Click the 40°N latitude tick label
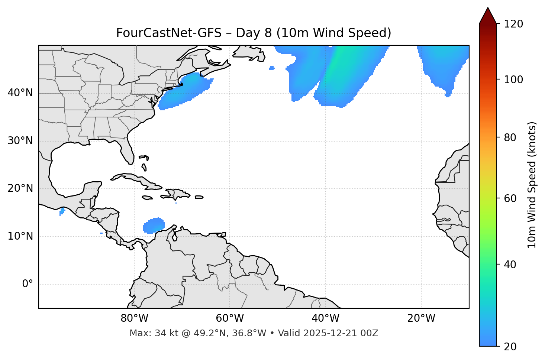[x=20, y=93]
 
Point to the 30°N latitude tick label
[x=20, y=141]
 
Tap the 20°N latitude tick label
[x=20, y=188]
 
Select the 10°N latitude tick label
[x=20, y=236]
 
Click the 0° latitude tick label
[x=28, y=284]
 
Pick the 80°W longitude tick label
[x=134, y=318]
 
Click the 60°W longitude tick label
[x=230, y=318]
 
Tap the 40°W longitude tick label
[x=325, y=318]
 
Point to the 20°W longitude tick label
[x=421, y=318]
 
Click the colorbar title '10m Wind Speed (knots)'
[x=532, y=185]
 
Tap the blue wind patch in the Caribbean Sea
[x=154, y=226]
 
